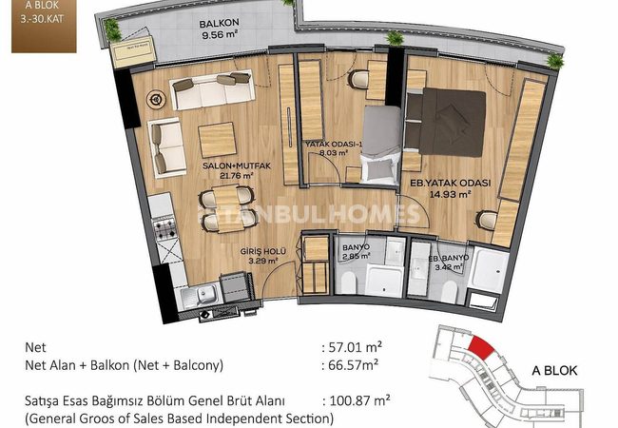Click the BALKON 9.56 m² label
(219, 29)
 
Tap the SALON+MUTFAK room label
(237, 165)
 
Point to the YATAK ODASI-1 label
(334, 144)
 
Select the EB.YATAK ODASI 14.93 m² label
(451, 188)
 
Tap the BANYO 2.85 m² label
(356, 252)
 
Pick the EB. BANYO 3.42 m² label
(449, 263)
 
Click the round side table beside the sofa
(156, 99)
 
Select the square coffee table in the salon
(217, 140)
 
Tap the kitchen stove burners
(164, 228)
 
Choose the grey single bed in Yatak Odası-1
(380, 145)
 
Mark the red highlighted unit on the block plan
(481, 347)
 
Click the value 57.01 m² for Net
(352, 347)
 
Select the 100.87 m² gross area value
(357, 401)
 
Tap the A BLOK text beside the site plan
(554, 371)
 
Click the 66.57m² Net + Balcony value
(350, 365)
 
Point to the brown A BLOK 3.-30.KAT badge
(44, 26)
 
